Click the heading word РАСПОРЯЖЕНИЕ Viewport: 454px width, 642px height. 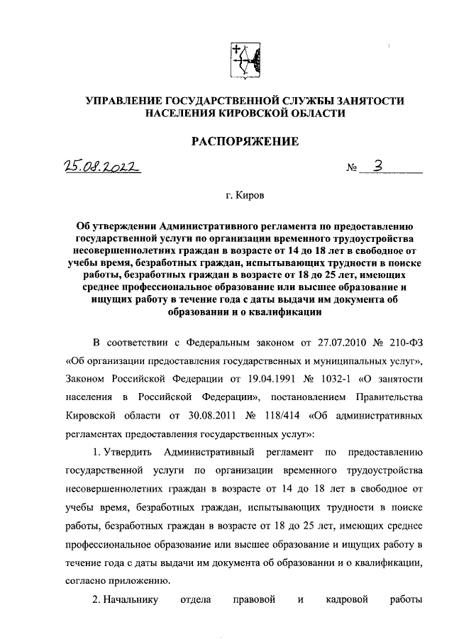245,142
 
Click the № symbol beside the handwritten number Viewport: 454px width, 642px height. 352,170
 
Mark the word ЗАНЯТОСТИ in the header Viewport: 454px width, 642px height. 364,100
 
